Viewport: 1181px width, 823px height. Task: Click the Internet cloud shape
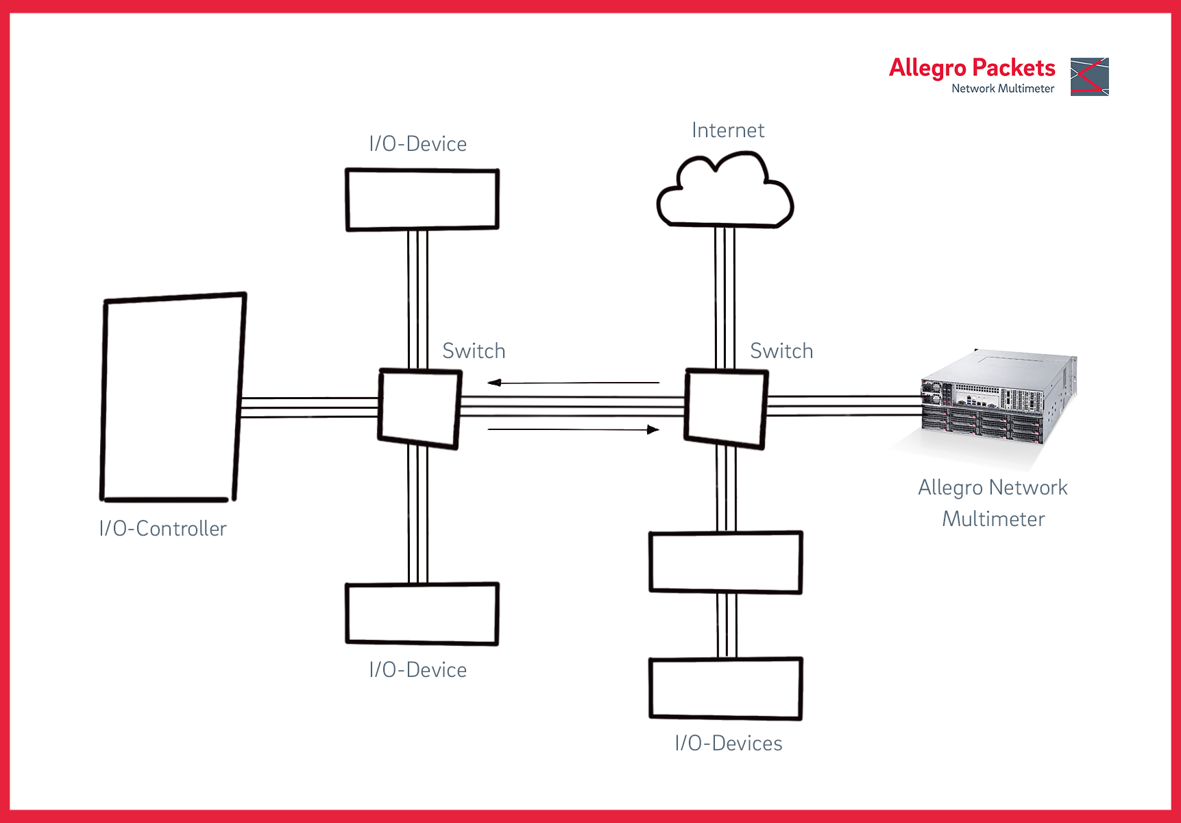coord(725,193)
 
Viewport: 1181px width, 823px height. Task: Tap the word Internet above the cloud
coord(728,130)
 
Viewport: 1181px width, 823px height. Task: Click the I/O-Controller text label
coord(162,529)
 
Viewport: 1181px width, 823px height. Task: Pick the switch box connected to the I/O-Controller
coord(419,409)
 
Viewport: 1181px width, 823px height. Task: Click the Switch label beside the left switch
coord(474,351)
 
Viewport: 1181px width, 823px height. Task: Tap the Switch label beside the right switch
coord(781,351)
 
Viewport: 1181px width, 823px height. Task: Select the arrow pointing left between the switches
coord(573,383)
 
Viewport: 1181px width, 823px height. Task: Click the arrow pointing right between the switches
coord(573,430)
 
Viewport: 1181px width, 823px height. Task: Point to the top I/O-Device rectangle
coord(422,199)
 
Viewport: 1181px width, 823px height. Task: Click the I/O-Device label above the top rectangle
coord(417,144)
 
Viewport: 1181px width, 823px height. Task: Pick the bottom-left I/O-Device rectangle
coord(422,614)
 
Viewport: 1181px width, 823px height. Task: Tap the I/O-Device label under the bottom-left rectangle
coord(417,670)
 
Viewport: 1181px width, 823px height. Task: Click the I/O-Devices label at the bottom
coord(729,743)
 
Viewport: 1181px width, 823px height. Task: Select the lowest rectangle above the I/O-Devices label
coord(726,689)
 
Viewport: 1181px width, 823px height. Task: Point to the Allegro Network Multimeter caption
coord(993,503)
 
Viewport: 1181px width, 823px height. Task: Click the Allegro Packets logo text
coord(972,69)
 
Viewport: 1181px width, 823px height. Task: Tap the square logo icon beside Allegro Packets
coord(1089,77)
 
